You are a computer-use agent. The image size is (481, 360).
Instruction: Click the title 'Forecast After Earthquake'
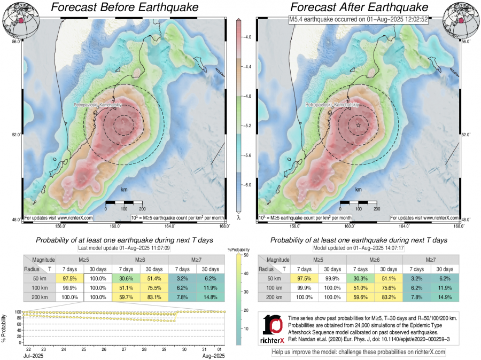pos(359,7)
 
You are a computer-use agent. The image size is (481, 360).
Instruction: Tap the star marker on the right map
pos(358,125)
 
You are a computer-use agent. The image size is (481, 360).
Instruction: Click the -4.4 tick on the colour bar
pos(247,67)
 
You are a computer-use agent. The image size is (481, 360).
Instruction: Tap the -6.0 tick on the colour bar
pos(247,184)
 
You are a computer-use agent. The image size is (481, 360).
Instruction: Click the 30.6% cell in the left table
pos(126,279)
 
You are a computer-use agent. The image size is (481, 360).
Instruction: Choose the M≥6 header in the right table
pos(375,260)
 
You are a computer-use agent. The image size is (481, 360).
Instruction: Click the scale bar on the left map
pos(123,202)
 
